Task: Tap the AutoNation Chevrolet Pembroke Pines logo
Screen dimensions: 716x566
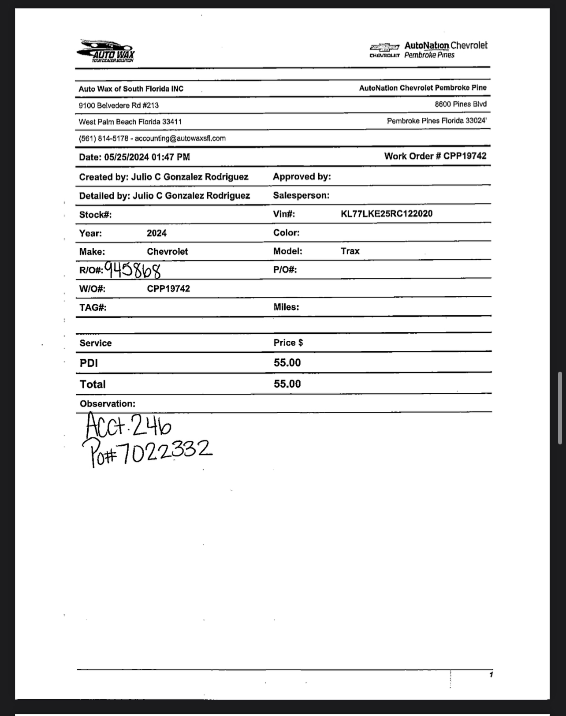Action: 429,50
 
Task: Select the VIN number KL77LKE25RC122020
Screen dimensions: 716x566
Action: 387,214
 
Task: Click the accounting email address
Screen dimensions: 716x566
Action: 180,138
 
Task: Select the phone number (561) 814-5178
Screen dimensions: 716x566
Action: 104,138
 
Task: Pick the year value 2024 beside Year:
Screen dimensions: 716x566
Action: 156,233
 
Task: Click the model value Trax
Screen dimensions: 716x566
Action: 350,251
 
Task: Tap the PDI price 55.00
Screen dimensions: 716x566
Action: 287,363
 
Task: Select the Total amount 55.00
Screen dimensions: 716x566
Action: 287,384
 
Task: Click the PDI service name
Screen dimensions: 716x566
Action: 89,363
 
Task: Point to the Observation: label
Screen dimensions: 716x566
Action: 107,404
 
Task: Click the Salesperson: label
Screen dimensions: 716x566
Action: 301,195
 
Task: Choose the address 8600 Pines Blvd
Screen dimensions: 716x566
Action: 460,104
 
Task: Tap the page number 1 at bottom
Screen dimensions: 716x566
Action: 491,675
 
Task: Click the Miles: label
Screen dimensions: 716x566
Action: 286,307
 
